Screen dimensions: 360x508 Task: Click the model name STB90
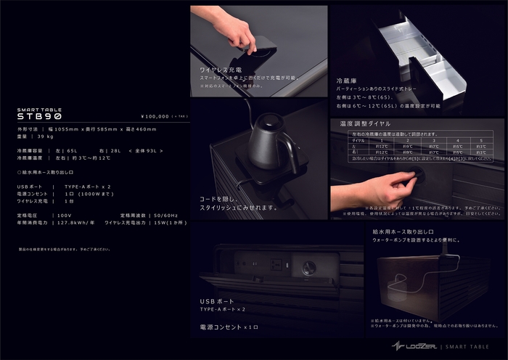point(39,116)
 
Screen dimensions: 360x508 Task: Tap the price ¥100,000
point(155,116)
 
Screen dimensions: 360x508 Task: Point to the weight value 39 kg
point(45,136)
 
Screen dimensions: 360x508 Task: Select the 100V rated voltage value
point(65,216)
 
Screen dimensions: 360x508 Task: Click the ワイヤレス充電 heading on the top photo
point(220,70)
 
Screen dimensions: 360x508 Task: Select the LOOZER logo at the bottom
point(415,346)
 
